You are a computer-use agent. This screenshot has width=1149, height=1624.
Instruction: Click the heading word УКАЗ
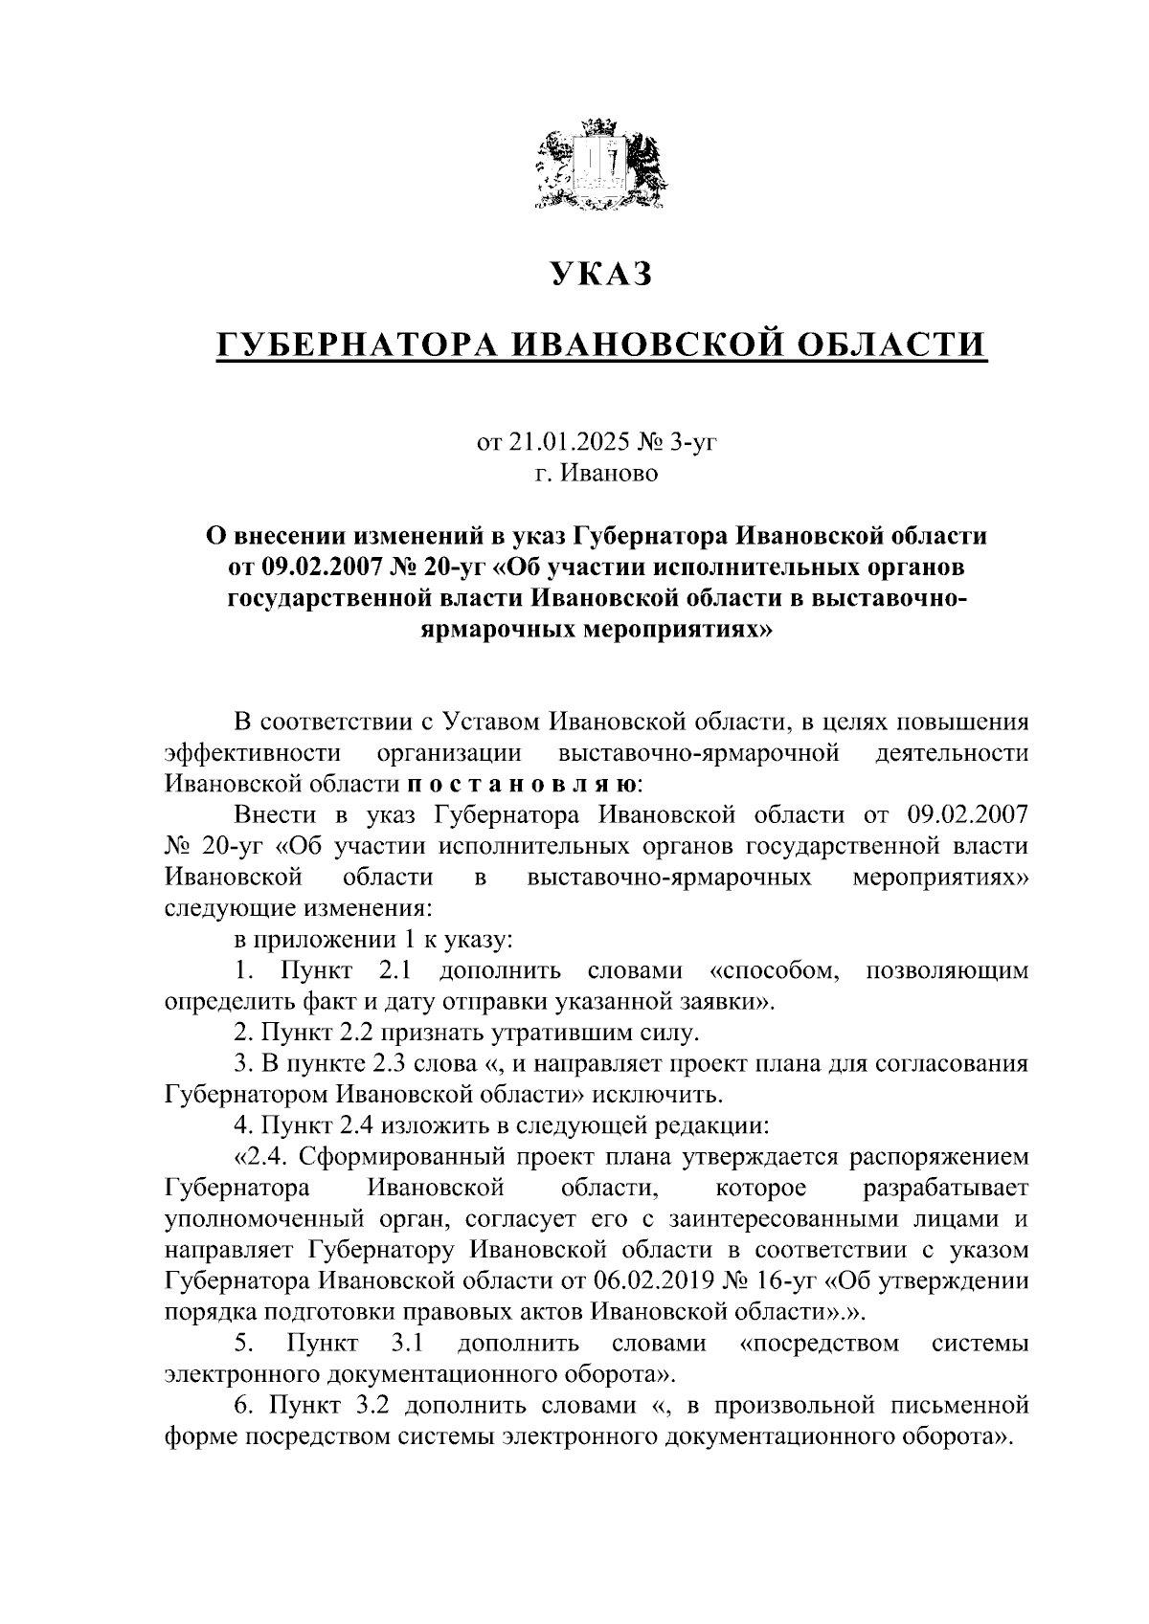pos(601,275)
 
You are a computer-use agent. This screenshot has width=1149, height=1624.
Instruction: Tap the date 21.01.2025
pos(568,442)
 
